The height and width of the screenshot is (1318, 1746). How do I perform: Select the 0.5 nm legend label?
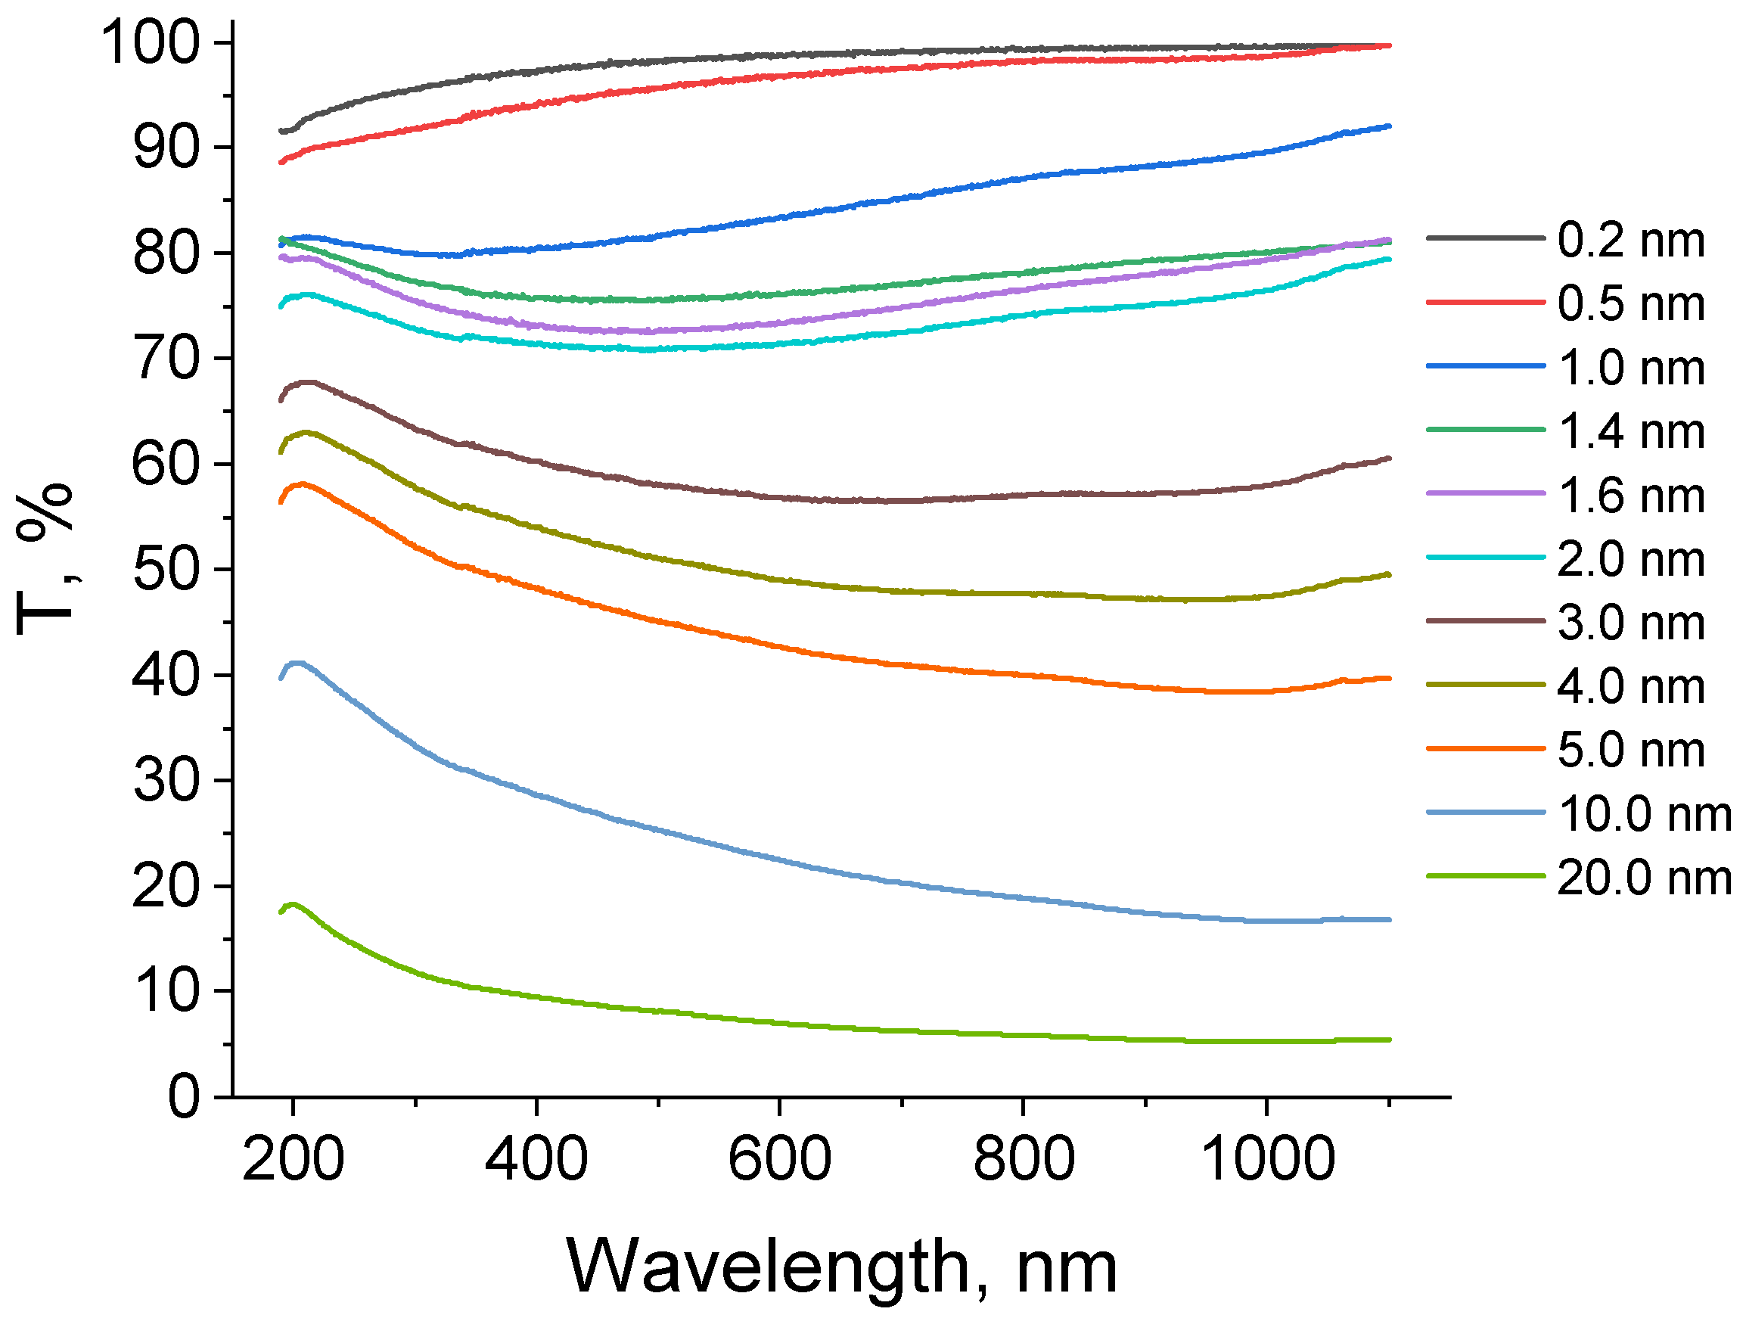[x=1631, y=304]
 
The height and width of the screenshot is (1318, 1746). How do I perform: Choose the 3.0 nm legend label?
[x=1631, y=623]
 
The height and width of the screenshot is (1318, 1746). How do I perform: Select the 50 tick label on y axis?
[x=166, y=570]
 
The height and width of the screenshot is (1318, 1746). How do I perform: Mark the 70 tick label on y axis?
[x=166, y=359]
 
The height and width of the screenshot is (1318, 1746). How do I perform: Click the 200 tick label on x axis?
[x=293, y=1159]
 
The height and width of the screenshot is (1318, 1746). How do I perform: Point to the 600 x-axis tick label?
[x=779, y=1159]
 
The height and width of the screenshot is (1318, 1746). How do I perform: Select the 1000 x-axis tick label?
[x=1266, y=1159]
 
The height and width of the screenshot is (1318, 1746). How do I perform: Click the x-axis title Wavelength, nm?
[x=841, y=1267]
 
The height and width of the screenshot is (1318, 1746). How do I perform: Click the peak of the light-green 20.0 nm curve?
[x=293, y=904]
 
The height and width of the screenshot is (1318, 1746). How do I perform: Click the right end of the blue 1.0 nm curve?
[x=1388, y=126]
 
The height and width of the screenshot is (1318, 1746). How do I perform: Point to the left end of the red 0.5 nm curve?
[x=281, y=162]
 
